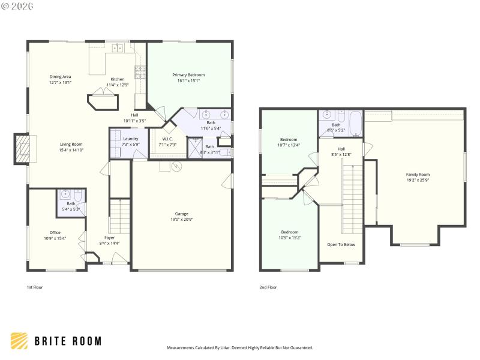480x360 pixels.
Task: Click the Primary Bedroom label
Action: click(x=188, y=75)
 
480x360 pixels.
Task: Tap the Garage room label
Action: click(x=181, y=214)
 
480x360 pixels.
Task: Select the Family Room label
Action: click(x=418, y=174)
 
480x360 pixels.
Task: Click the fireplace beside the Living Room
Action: click(x=23, y=148)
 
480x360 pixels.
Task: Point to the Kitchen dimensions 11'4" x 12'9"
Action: click(x=118, y=85)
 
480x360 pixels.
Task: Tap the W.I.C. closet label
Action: click(x=167, y=139)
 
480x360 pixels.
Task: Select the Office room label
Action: click(x=55, y=232)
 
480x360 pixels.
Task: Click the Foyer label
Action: click(x=109, y=238)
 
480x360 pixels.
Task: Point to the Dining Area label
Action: click(x=60, y=77)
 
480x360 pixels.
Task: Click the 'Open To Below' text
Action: click(x=341, y=245)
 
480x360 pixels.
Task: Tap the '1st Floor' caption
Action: click(x=35, y=287)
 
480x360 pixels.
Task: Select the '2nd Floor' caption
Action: click(x=268, y=287)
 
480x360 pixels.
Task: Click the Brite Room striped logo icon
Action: click(x=19, y=341)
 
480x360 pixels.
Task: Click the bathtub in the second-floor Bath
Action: click(x=355, y=124)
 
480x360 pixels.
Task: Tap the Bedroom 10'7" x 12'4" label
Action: click(x=289, y=139)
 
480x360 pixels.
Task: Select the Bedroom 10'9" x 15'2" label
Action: click(x=290, y=232)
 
